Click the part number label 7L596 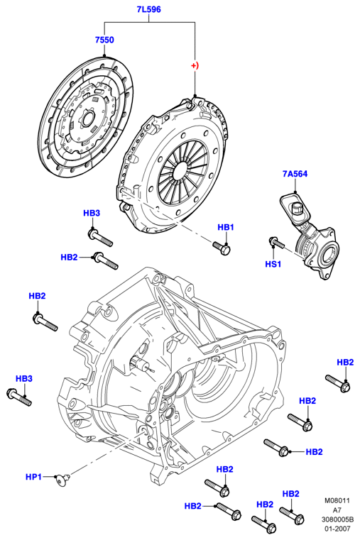pos(149,10)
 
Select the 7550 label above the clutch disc pos(104,40)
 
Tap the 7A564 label pos(295,174)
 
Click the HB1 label pos(226,227)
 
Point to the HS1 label pos(273,264)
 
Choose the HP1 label pos(34,477)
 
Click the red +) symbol pos(195,65)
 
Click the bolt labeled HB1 pos(222,248)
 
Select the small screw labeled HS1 pos(276,243)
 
